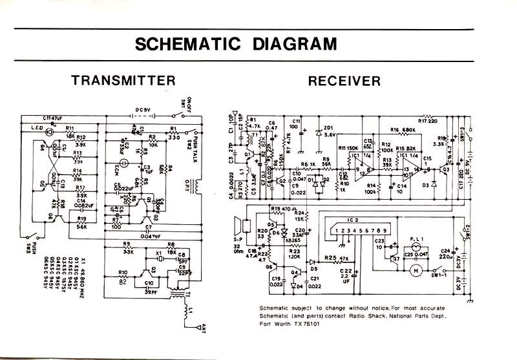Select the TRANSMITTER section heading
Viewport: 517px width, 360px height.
point(123,81)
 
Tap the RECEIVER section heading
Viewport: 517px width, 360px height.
point(344,81)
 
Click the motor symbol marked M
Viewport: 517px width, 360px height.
point(417,268)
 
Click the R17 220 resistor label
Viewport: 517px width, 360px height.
point(428,120)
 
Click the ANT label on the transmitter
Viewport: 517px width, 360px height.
point(204,327)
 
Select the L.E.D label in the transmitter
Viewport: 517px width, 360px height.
point(35,129)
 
